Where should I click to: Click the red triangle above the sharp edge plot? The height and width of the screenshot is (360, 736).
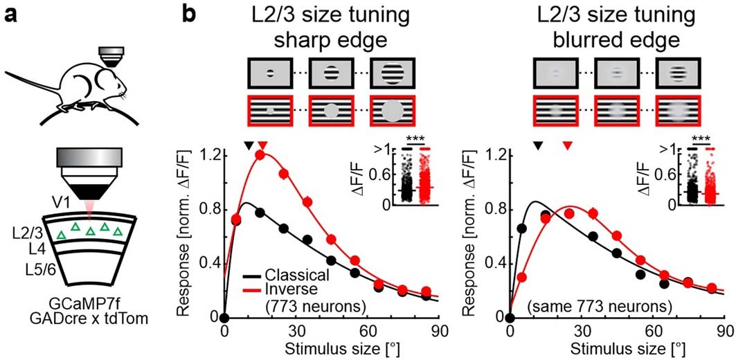(261, 145)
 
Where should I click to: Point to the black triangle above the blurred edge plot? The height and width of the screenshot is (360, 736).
(537, 145)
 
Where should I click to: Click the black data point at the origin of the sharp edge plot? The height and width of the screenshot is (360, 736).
(224, 317)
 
